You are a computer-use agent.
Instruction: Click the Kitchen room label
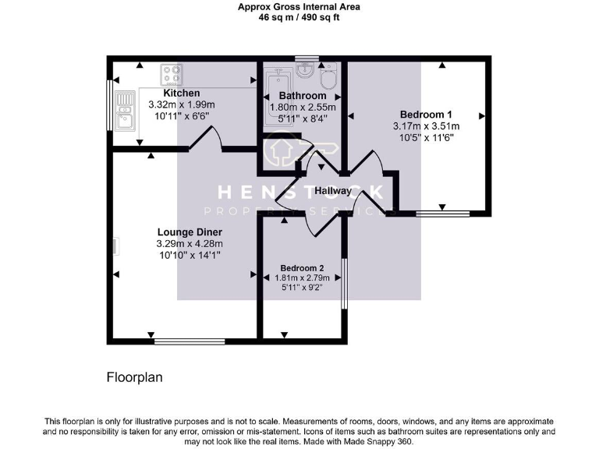181,94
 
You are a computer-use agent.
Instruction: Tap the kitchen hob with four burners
172,75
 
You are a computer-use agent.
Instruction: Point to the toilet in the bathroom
329,76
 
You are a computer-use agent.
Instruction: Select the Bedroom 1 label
426,114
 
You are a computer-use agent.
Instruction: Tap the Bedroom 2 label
302,267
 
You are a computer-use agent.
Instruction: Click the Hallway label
332,191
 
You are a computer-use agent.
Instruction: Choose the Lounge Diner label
190,232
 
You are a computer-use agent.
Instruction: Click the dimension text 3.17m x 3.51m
426,126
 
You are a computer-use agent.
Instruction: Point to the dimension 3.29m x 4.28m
190,244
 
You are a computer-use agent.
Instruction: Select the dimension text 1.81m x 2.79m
302,278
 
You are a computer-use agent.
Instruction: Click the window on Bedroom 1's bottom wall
442,212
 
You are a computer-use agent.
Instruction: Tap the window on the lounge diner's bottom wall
190,340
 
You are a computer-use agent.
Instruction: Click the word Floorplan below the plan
134,377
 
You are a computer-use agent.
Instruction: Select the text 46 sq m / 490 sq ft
299,18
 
